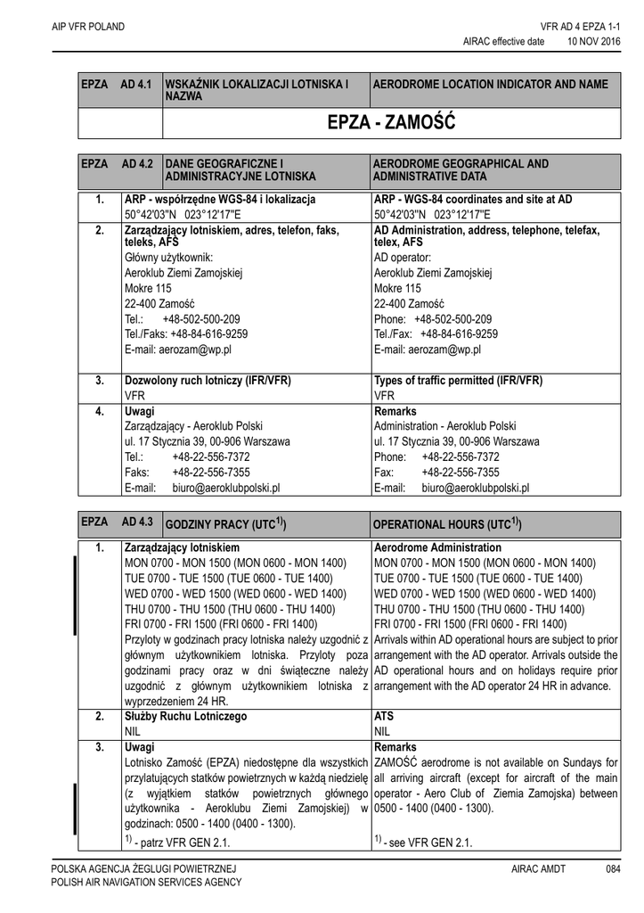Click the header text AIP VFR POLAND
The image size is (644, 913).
(87, 27)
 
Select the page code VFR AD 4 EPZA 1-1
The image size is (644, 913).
(579, 27)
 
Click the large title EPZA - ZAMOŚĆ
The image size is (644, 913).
(391, 123)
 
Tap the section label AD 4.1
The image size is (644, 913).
(137, 84)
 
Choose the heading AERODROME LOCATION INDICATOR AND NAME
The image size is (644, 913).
(491, 84)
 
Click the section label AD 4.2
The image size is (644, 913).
(137, 164)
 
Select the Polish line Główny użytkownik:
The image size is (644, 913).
(169, 258)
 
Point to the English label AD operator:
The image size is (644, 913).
(404, 258)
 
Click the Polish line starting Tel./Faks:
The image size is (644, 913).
(186, 334)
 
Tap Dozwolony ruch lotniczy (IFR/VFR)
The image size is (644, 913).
(208, 380)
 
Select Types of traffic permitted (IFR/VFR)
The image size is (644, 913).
(458, 380)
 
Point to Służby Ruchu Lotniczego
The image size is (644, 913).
(185, 716)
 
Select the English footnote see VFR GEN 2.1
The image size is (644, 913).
(423, 843)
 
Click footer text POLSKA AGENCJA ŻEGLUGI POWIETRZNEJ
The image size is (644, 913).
(143, 868)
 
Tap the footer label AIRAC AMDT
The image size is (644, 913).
(539, 868)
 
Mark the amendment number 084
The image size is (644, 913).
(613, 868)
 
